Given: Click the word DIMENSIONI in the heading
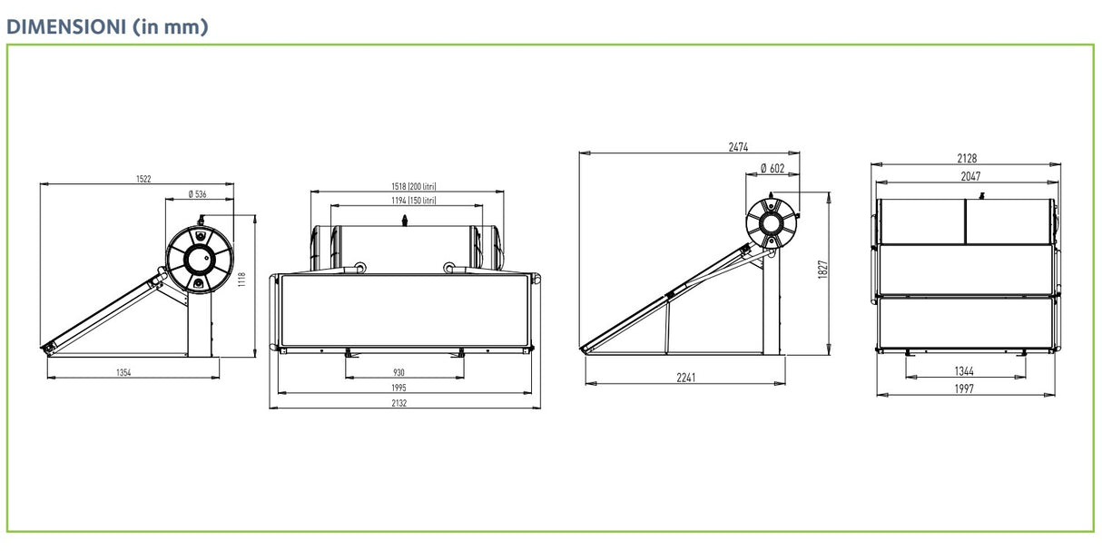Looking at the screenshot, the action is click(x=66, y=26).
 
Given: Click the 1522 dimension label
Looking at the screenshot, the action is click(x=143, y=179).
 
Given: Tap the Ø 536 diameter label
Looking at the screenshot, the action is click(x=197, y=194).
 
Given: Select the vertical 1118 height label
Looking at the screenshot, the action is click(x=241, y=280).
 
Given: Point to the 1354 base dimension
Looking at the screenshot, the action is click(x=123, y=373).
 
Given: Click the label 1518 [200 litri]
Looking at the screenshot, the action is click(x=414, y=186).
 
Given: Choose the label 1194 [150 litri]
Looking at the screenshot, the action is click(x=414, y=201).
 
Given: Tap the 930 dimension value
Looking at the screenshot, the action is click(x=398, y=373).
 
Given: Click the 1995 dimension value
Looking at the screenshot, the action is click(x=398, y=389).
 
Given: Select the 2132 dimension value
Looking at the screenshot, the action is click(x=399, y=403).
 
